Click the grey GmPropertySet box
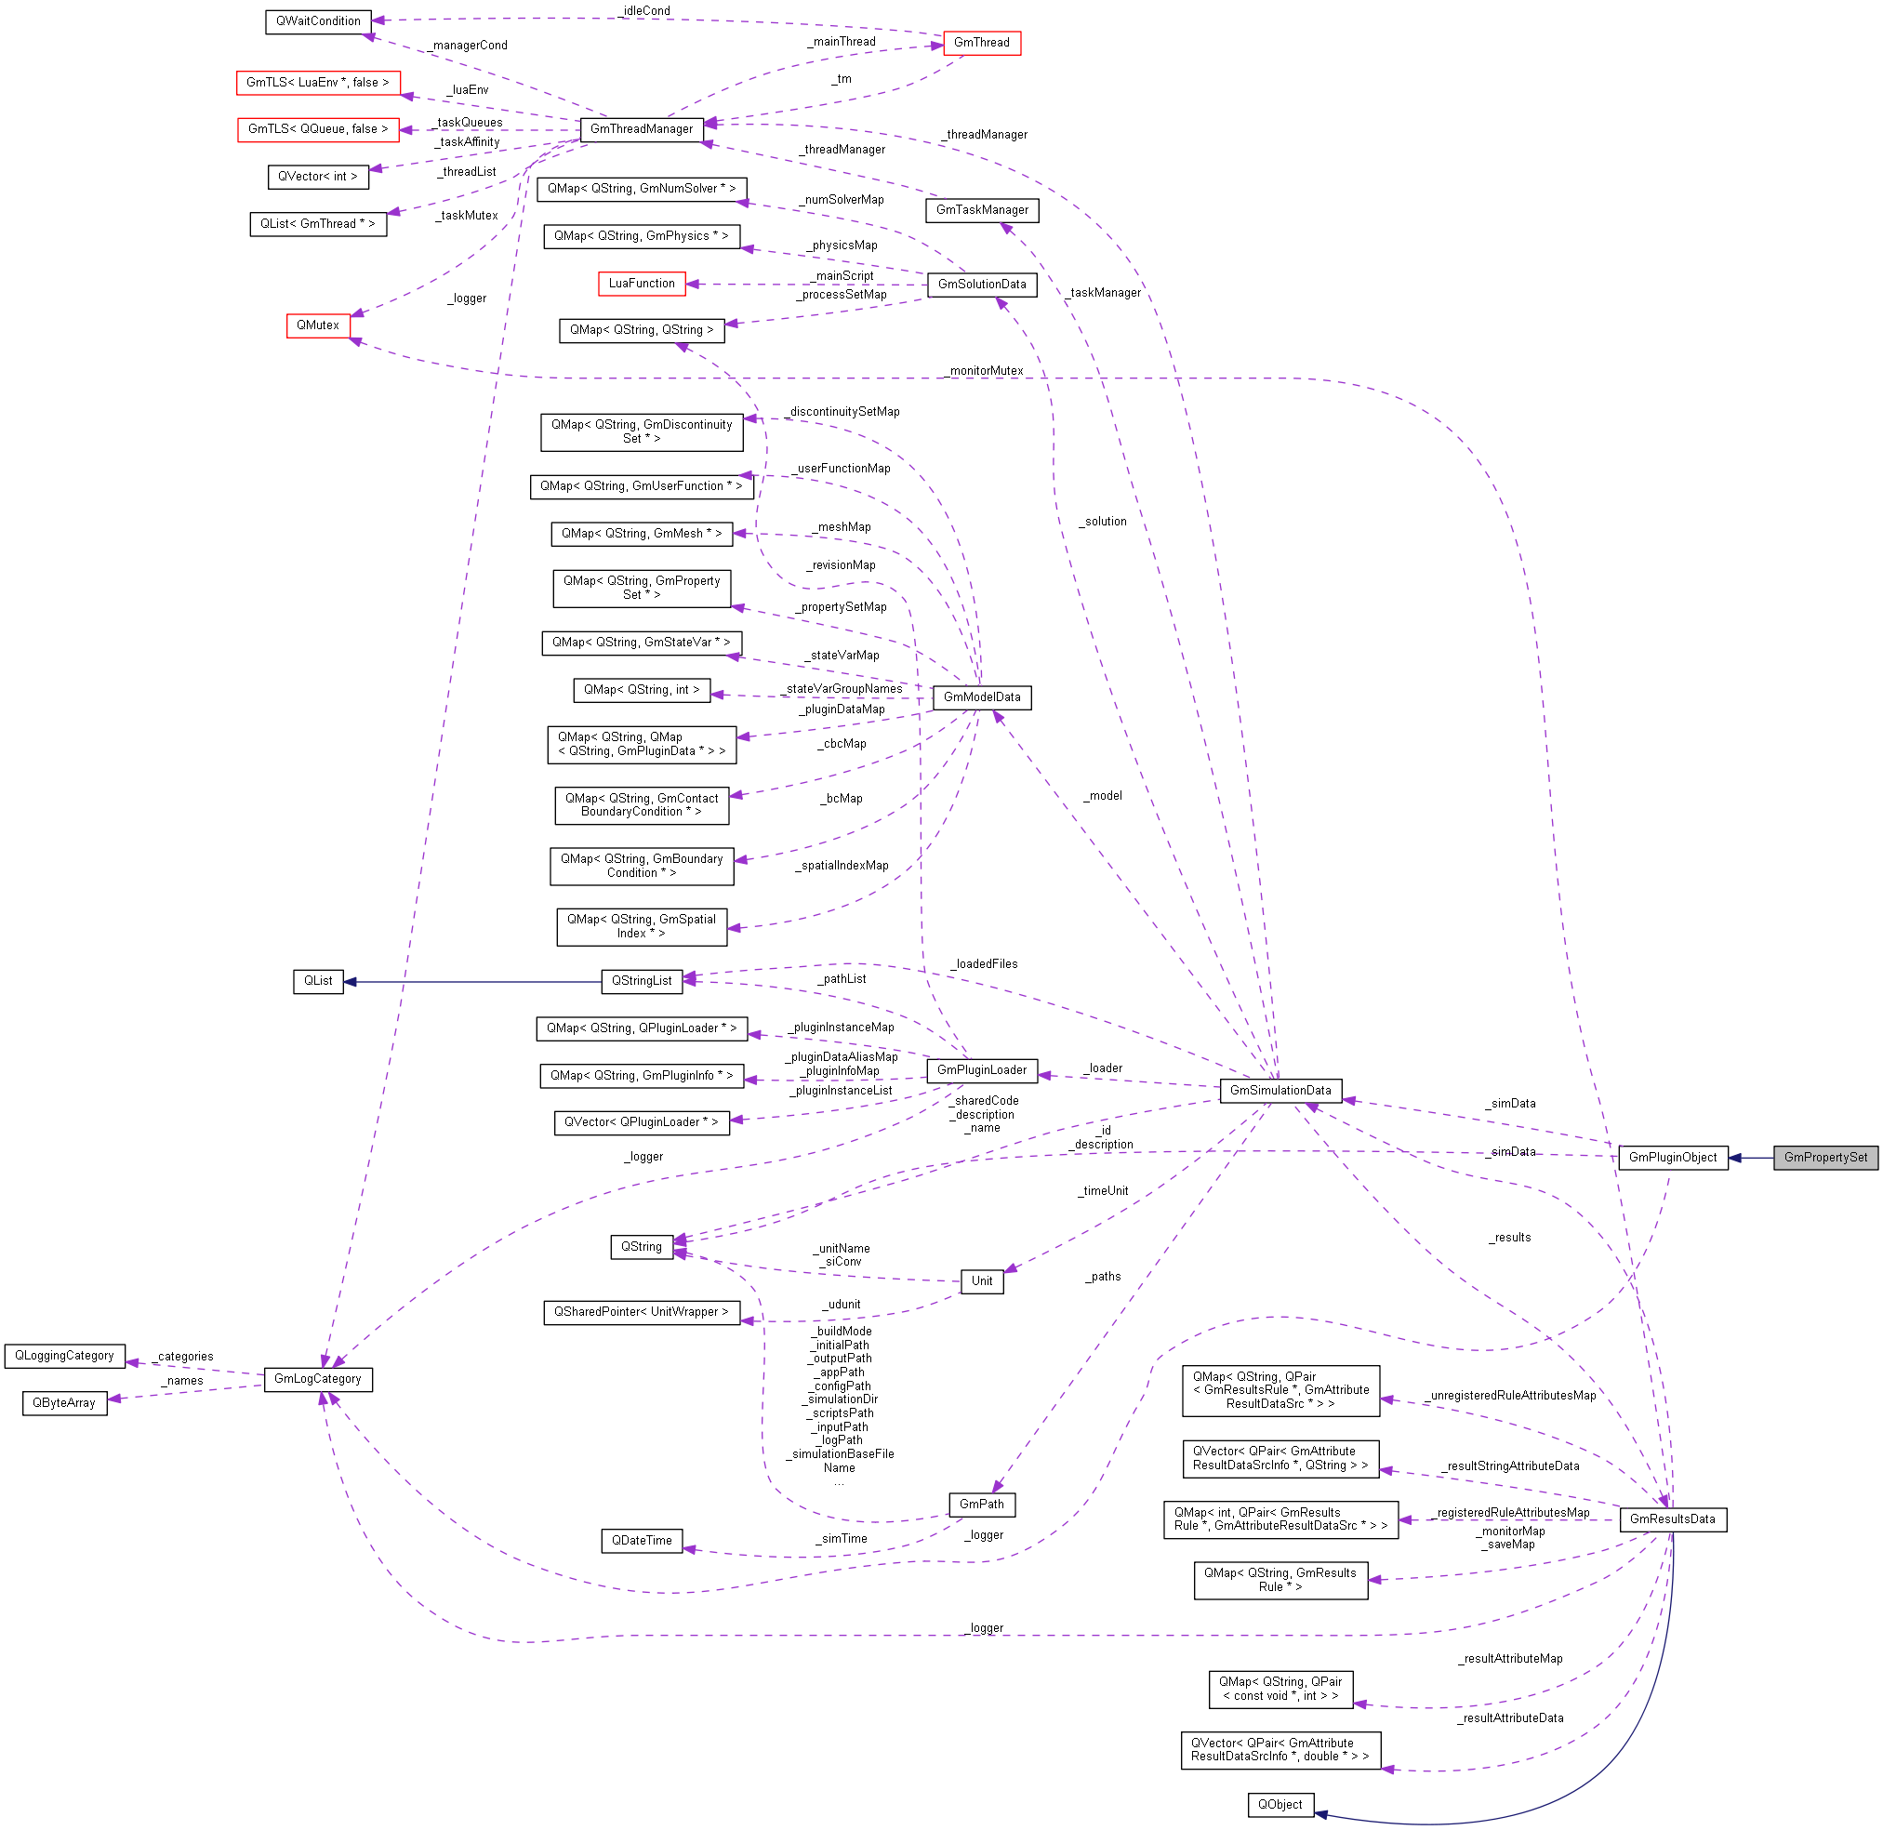(1824, 1157)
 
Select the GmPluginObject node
(1672, 1157)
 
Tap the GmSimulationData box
(1280, 1090)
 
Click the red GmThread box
(981, 42)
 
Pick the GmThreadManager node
(641, 129)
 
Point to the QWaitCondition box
(318, 21)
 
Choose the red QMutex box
(318, 325)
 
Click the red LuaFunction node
(641, 284)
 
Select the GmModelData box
(981, 696)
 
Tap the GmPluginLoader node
(981, 1069)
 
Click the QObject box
(1280, 1804)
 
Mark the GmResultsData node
(1672, 1518)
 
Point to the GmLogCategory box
(318, 1378)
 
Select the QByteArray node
(64, 1402)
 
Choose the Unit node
(981, 1280)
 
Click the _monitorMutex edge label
(986, 371)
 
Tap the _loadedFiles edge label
(986, 964)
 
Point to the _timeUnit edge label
(1104, 1191)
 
